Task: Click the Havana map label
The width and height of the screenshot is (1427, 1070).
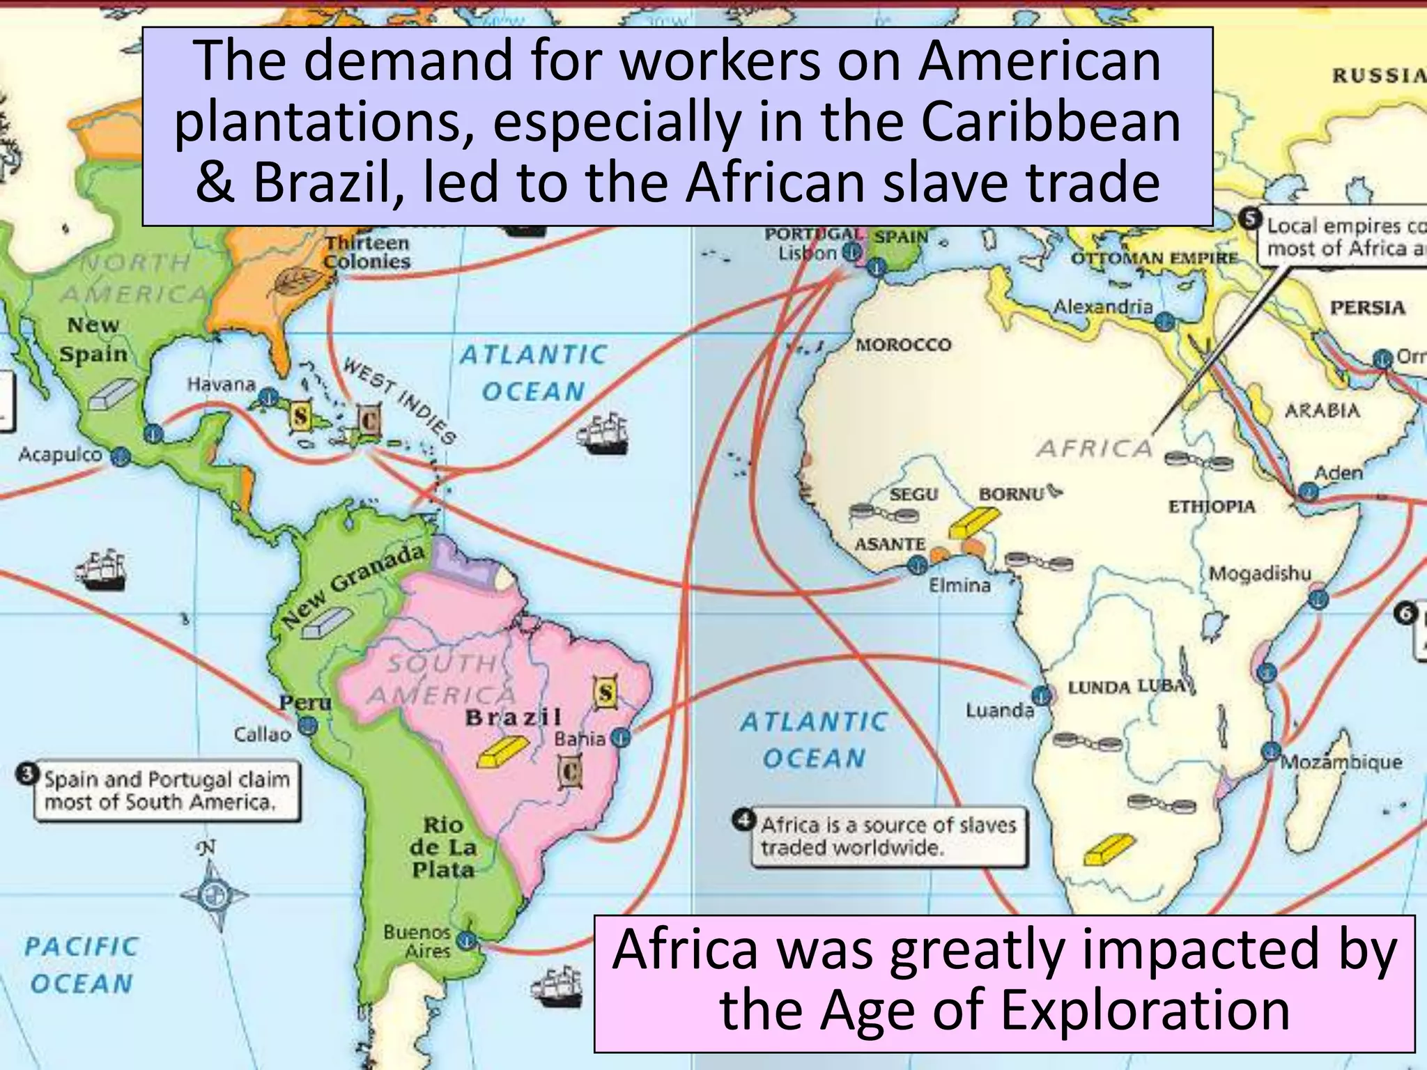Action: click(221, 385)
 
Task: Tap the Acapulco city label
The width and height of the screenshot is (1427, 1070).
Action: click(60, 455)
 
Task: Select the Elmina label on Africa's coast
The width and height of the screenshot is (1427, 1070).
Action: click(959, 585)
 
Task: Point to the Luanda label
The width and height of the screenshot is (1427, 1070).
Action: click(1000, 711)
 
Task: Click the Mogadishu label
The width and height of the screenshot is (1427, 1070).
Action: click(1260, 574)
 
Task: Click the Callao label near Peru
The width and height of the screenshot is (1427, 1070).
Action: click(262, 734)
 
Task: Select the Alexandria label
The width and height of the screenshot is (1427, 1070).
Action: click(1102, 307)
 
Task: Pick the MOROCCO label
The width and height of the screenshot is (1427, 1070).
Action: click(903, 345)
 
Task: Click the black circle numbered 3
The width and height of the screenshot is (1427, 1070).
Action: click(28, 774)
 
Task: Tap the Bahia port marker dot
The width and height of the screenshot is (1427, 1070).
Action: click(620, 737)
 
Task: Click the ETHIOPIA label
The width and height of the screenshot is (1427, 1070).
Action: click(1211, 506)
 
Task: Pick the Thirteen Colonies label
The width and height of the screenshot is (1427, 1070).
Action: click(367, 252)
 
